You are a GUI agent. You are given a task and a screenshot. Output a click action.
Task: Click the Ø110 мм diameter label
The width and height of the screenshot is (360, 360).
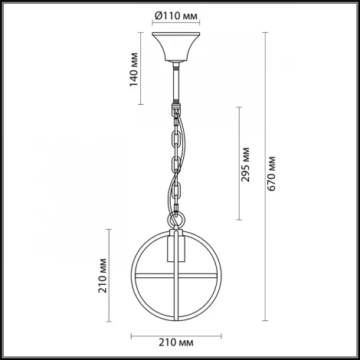click(176, 16)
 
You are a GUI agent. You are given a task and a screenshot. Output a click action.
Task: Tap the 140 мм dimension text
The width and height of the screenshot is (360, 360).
click(134, 70)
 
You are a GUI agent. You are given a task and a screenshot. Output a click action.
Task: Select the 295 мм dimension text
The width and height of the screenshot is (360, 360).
click(246, 165)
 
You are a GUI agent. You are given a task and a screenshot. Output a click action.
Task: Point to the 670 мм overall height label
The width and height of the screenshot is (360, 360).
click(271, 174)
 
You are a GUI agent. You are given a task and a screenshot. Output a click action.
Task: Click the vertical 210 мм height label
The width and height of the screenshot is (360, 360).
click(103, 276)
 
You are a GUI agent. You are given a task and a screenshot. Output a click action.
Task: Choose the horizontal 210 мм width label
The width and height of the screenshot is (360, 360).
click(176, 342)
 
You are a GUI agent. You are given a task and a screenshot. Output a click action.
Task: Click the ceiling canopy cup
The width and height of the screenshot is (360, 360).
click(176, 47)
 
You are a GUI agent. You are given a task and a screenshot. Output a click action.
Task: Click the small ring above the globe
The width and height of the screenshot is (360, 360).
click(176, 219)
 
